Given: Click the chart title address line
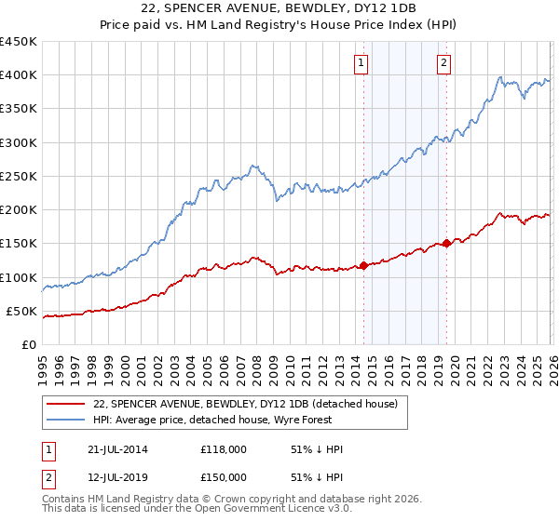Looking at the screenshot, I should click(x=279, y=8).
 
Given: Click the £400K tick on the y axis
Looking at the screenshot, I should click(x=18, y=75).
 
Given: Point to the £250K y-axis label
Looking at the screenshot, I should click(x=18, y=176).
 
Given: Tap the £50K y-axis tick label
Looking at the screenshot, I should click(x=21, y=311).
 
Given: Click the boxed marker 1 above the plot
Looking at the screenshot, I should click(x=361, y=63).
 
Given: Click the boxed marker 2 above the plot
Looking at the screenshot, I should click(x=443, y=63).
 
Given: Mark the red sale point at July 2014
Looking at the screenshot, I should click(x=363, y=265).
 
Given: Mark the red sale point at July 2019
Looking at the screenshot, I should click(x=446, y=244).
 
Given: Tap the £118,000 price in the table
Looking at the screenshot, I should click(x=224, y=449).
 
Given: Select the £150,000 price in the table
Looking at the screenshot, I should click(x=224, y=477).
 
